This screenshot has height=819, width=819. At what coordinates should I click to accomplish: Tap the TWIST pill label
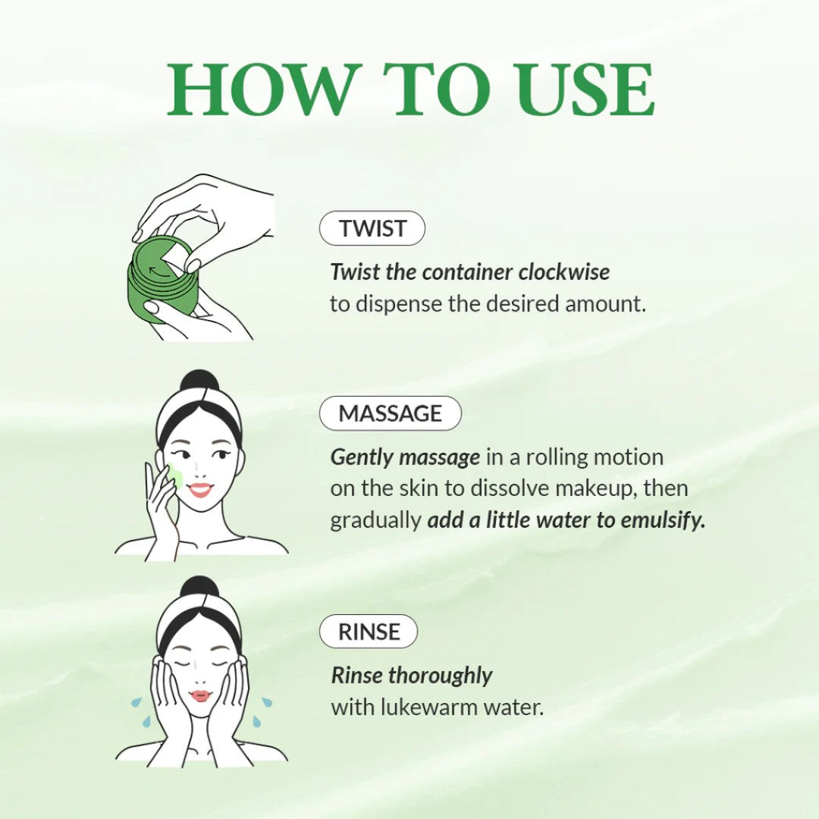tap(372, 228)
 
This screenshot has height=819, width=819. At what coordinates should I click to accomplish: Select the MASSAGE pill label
tap(391, 413)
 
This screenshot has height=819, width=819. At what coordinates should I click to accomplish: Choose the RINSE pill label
tap(369, 632)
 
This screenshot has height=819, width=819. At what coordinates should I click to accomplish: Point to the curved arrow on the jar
tap(159, 271)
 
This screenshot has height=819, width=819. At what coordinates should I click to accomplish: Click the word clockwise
tap(564, 272)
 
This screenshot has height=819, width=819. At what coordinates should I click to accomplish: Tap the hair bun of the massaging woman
tap(198, 381)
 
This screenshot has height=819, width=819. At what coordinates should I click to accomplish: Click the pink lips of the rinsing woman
tap(200, 695)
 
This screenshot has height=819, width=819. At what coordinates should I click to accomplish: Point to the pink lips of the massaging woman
tap(200, 490)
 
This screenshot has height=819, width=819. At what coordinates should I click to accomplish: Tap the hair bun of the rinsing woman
tap(199, 587)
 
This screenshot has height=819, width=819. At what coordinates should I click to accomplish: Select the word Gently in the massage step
tap(362, 458)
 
